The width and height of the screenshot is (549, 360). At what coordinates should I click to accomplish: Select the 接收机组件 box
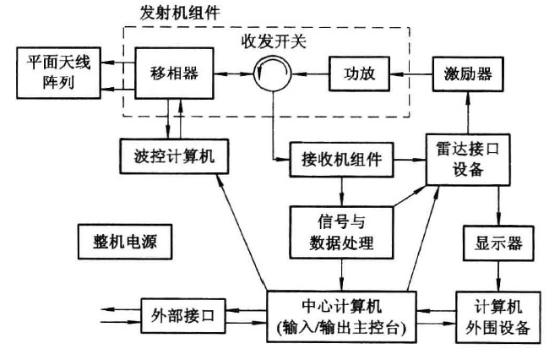pos(341,157)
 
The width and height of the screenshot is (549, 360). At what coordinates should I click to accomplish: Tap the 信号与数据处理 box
pos(341,232)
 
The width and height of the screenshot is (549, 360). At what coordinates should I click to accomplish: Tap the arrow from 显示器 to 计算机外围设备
pos(497,275)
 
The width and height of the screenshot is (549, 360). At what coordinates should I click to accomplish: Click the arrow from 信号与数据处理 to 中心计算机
pos(341,275)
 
